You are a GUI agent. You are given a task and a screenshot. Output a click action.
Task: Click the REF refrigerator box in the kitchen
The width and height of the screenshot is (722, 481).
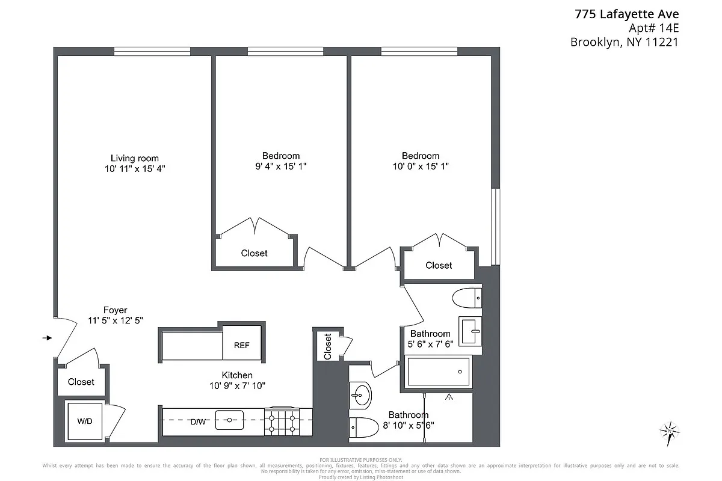tap(242, 345)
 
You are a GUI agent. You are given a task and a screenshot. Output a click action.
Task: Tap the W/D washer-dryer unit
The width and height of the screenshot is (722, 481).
tap(85, 421)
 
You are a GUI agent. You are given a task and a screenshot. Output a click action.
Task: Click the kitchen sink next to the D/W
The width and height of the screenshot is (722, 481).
tap(229, 420)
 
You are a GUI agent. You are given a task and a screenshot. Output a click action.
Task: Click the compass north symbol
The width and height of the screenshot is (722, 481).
tap(669, 431)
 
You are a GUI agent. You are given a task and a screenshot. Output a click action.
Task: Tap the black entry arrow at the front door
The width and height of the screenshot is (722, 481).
tap(47, 338)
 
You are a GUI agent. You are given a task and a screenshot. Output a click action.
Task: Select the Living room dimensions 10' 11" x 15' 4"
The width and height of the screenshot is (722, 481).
tap(135, 170)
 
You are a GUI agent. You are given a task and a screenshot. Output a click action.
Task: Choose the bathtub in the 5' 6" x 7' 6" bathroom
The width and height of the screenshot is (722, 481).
tap(439, 372)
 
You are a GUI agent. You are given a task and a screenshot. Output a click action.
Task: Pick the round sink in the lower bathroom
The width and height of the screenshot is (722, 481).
tap(362, 395)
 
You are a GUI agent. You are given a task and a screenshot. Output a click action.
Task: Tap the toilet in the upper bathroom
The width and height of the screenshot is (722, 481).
tap(467, 297)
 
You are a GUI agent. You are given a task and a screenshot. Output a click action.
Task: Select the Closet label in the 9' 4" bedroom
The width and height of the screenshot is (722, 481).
tap(254, 253)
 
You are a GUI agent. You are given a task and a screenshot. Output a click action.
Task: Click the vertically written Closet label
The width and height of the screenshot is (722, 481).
tap(328, 346)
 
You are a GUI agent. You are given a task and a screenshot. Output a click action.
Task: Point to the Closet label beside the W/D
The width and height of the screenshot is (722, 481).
tap(81, 382)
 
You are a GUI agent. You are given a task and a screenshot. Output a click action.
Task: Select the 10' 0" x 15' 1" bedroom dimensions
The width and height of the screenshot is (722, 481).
tap(421, 167)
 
